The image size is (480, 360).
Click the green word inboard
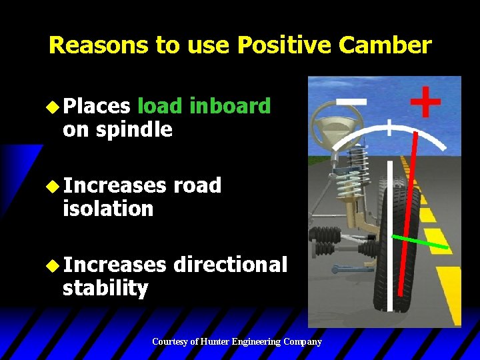pyautogui.click(x=230, y=106)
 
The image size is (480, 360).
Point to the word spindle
pyautogui.click(x=134, y=129)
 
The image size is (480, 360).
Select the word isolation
pyautogui.click(x=108, y=209)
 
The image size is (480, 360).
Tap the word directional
pyautogui.click(x=230, y=265)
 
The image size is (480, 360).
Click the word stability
pyautogui.click(x=105, y=288)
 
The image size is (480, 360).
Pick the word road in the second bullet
pyautogui.click(x=197, y=185)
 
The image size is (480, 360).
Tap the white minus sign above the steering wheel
pyautogui.click(x=351, y=101)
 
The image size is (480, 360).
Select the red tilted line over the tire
pyautogui.click(x=407, y=213)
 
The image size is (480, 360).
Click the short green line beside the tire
pyautogui.click(x=419, y=242)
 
